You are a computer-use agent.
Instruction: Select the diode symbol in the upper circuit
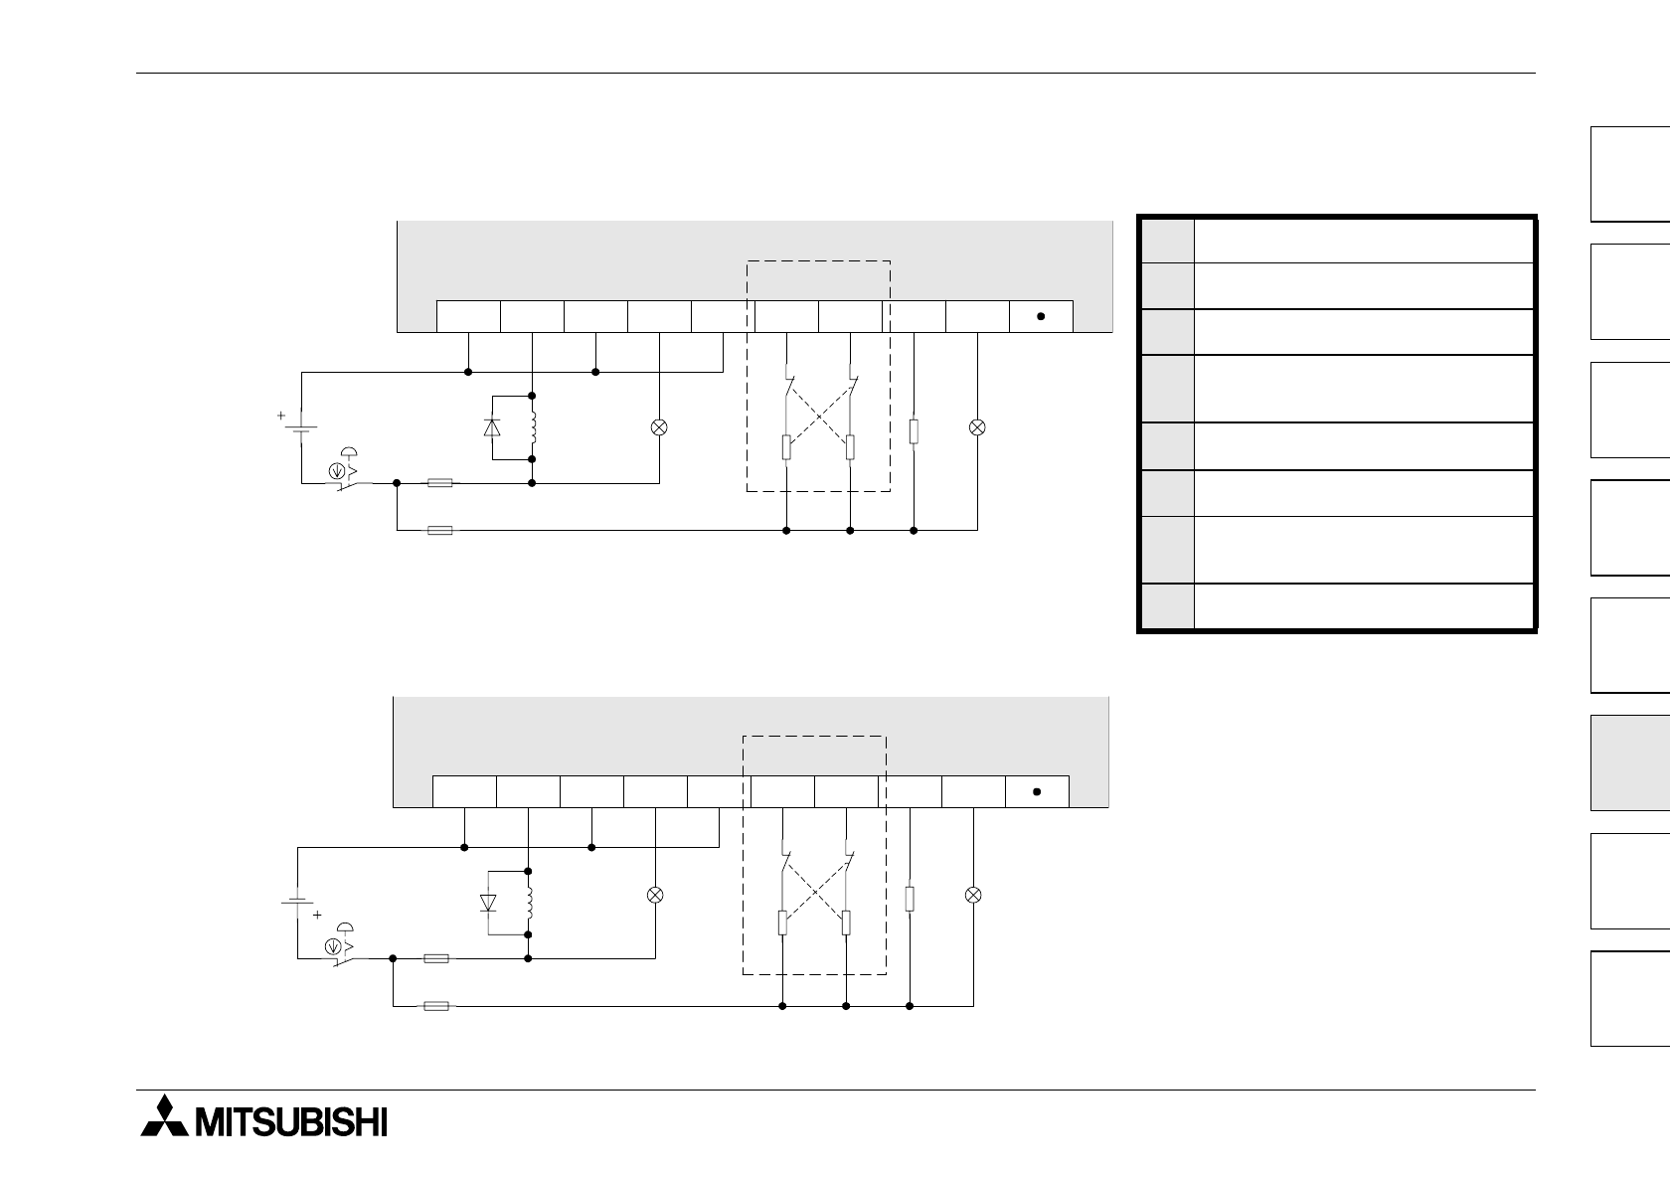tap(492, 427)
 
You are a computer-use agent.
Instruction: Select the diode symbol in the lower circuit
tap(488, 903)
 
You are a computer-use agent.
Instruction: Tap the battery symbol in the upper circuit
tap(301, 429)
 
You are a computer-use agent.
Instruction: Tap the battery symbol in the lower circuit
tap(297, 903)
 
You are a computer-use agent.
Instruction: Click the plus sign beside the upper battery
tap(281, 416)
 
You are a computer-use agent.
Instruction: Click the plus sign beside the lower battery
tap(317, 915)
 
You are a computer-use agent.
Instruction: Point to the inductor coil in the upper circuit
tap(535, 427)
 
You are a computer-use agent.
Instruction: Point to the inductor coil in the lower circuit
tap(530, 903)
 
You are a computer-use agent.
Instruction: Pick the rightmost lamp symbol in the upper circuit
tap(977, 427)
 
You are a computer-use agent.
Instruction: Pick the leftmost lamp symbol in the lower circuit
tap(655, 895)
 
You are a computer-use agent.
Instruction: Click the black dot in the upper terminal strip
tap(1041, 316)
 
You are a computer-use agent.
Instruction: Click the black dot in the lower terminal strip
tap(1037, 791)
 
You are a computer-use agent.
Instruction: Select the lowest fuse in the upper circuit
tap(439, 531)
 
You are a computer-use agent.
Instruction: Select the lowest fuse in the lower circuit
tap(435, 1006)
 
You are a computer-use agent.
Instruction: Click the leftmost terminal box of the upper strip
tap(468, 316)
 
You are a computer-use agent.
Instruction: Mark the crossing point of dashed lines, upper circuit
tap(818, 417)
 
